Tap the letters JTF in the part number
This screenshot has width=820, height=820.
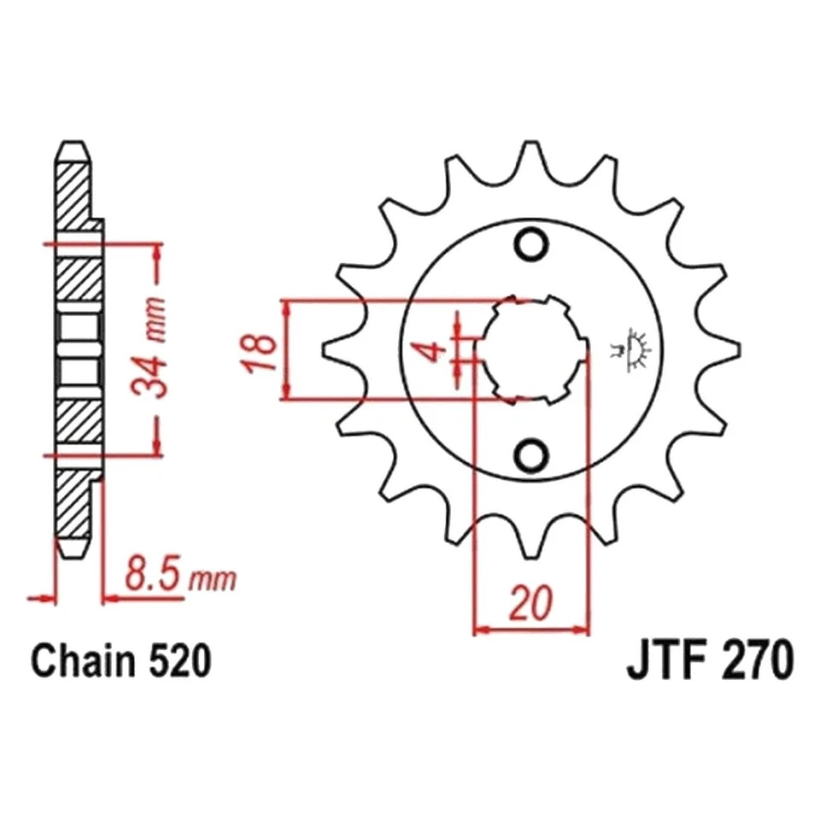point(664,662)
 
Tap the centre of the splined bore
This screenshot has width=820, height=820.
point(530,348)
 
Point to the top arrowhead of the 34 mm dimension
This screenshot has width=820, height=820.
point(156,249)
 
